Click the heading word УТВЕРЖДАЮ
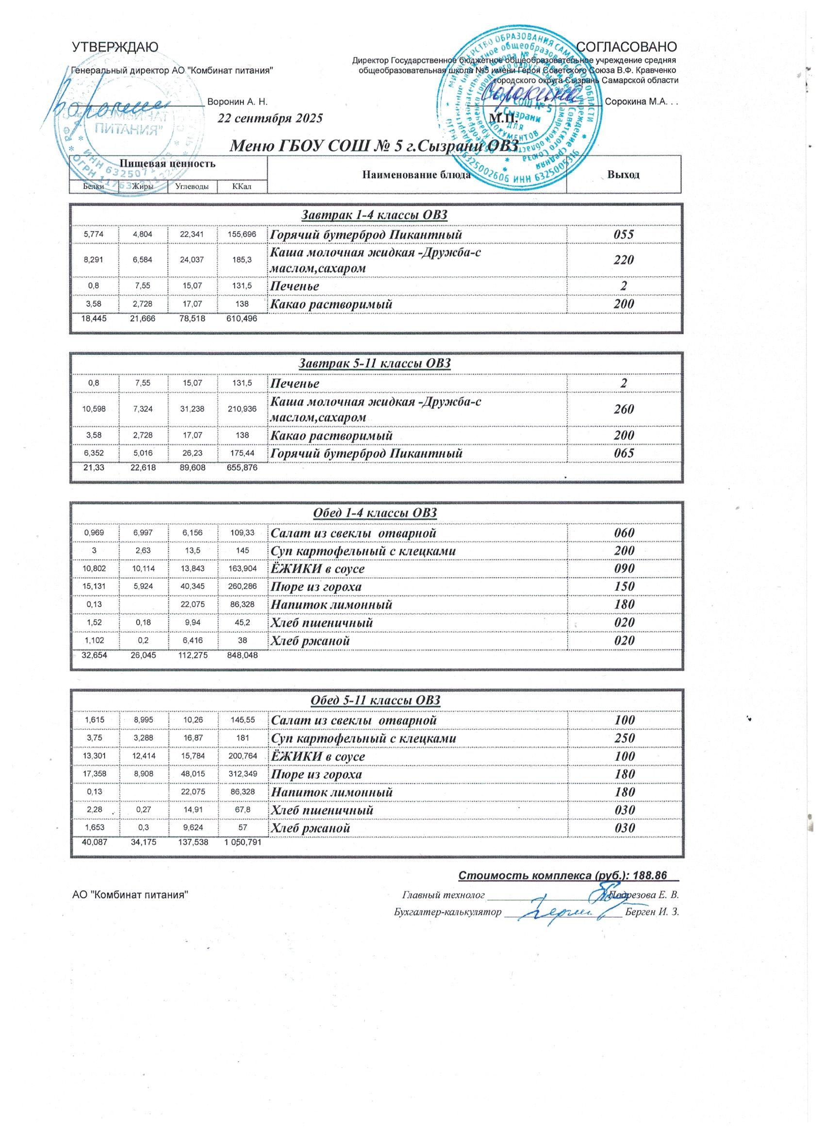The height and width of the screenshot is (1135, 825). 115,47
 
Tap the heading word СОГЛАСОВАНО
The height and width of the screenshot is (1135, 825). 627,47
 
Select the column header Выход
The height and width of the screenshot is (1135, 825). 623,175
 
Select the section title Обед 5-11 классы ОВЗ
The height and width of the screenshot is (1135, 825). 376,700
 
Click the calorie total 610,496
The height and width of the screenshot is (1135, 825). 242,318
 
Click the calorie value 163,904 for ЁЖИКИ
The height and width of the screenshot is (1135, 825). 242,568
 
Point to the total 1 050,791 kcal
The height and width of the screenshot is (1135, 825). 243,842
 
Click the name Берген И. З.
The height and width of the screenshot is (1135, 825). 652,911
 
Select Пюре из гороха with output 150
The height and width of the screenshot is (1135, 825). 316,586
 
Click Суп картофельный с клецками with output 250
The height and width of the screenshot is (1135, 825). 363,738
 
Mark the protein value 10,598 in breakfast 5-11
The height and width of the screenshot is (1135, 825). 94,409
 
